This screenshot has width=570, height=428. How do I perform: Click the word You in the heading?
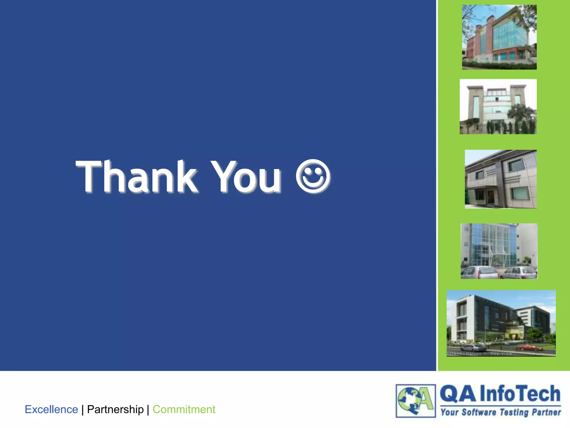tap(246, 177)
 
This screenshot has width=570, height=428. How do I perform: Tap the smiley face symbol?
tap(313, 176)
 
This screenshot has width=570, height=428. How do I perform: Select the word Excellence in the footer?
tap(51, 409)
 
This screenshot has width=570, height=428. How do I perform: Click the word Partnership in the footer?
tap(115, 409)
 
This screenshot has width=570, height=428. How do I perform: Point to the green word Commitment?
tap(184, 409)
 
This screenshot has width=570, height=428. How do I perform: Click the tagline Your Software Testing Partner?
tap(500, 412)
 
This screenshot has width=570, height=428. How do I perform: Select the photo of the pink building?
tap(499, 37)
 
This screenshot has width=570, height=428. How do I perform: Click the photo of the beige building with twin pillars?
tap(498, 106)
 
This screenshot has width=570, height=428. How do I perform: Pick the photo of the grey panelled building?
tap(501, 179)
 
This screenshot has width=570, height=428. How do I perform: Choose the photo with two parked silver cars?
tap(499, 251)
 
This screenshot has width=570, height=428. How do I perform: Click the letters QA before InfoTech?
tap(458, 394)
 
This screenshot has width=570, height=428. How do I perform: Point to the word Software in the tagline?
tap(479, 412)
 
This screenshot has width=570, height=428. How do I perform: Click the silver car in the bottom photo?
tap(473, 348)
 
